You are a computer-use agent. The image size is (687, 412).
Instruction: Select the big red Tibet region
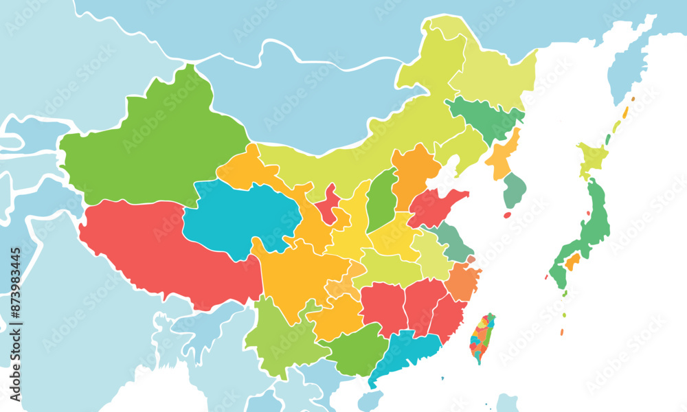(165, 254)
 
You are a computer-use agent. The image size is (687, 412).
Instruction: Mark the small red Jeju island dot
(508, 215)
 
